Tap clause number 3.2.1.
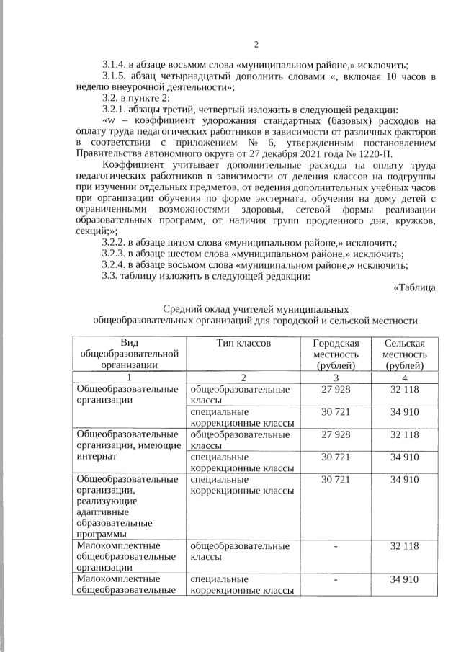pyautogui.click(x=117, y=109)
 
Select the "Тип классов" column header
pyautogui.click(x=243, y=344)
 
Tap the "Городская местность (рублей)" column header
pyautogui.click(x=335, y=354)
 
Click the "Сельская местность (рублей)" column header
pyautogui.click(x=404, y=354)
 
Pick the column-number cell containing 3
pyautogui.click(x=335, y=378)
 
